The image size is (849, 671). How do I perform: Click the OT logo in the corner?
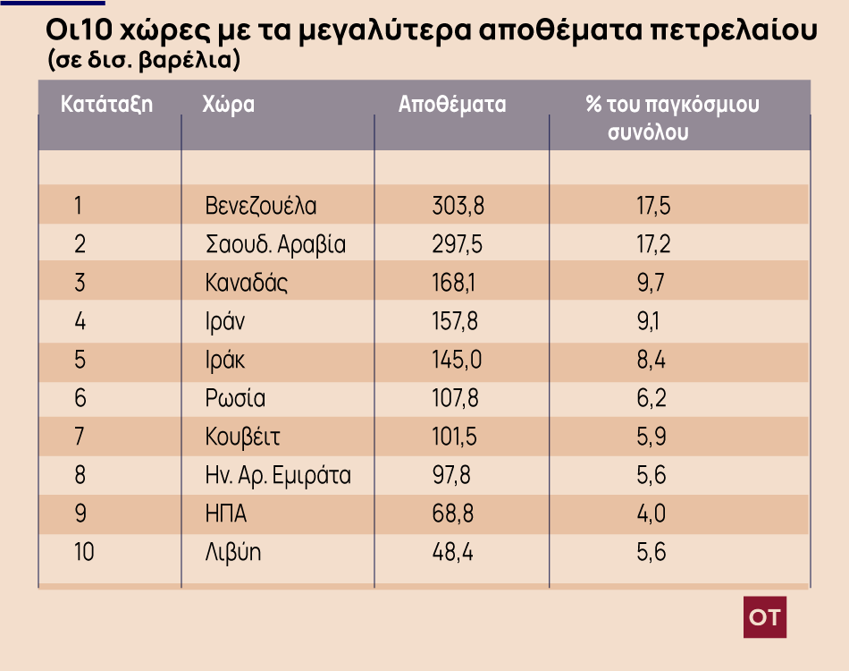click(765, 616)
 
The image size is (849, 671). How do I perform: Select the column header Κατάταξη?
click(106, 104)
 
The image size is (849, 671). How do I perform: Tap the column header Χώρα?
click(230, 104)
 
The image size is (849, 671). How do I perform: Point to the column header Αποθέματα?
click(452, 104)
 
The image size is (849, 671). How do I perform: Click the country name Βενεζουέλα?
click(261, 207)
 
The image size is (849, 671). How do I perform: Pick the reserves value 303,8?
click(458, 207)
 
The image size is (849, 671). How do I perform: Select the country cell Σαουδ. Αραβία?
click(275, 244)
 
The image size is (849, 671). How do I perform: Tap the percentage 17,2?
click(653, 244)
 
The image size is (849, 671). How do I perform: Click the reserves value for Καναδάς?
click(454, 284)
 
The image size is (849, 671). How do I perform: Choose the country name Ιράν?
click(225, 321)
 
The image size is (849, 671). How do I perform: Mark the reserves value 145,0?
click(457, 360)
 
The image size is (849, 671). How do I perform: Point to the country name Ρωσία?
click(235, 398)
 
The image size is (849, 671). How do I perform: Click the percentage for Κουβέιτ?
click(651, 437)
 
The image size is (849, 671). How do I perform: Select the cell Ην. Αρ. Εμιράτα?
click(278, 475)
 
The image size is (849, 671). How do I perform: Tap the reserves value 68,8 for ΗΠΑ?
click(451, 514)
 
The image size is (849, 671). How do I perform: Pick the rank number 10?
click(84, 552)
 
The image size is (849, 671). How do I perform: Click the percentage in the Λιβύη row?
click(651, 552)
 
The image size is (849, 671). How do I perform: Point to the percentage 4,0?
click(652, 514)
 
